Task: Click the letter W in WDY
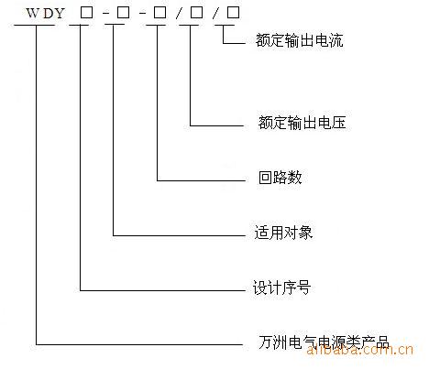point(33,14)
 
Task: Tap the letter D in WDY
point(48,14)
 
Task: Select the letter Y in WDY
point(59,14)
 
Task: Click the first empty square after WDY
point(86,13)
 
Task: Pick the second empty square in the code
point(123,13)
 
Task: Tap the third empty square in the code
point(159,13)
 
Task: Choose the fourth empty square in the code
point(196,13)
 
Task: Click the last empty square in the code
point(233,12)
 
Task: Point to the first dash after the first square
point(105,14)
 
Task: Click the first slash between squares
point(179,13)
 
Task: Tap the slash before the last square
point(215,13)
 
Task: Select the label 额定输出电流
point(300,40)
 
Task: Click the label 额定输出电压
point(302,123)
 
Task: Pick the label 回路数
point(280,178)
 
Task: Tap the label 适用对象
point(283,233)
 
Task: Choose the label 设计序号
point(281,288)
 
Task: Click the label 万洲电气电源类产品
point(324,342)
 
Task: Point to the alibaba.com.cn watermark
point(360,350)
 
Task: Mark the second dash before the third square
point(142,14)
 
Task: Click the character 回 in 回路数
point(266,178)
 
